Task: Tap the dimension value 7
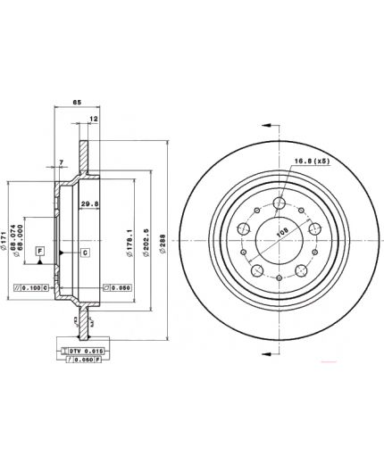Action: [x=62, y=162]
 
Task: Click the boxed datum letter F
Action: [x=40, y=253]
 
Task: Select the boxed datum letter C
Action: [x=84, y=253]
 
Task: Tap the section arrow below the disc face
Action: [x=265, y=355]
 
